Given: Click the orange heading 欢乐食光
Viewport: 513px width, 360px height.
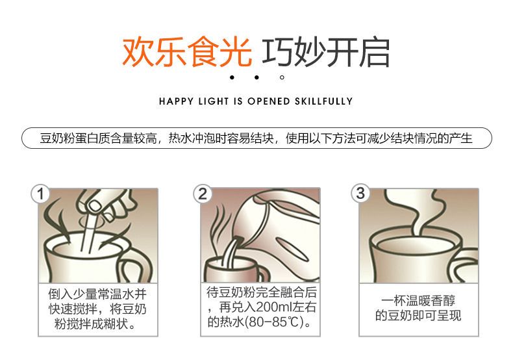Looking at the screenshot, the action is click(187, 53).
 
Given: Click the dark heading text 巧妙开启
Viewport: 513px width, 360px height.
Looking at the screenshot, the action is click(326, 53).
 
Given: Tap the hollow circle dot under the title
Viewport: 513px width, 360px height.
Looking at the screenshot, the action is click(282, 77).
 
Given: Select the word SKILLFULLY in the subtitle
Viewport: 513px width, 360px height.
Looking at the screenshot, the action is click(324, 101).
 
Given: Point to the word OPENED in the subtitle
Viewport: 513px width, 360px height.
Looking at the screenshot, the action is click(269, 101).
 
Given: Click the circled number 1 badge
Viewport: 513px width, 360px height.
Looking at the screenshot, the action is click(40, 194).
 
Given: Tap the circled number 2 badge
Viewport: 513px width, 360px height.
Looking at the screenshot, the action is click(203, 194).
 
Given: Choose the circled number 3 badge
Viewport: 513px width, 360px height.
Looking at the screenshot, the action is click(360, 193).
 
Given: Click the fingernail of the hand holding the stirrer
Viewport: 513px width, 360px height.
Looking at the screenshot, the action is click(95, 206).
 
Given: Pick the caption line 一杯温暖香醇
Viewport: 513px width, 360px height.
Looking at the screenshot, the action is click(418, 300).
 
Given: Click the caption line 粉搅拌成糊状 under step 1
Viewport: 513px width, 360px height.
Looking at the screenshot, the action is click(94, 324).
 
